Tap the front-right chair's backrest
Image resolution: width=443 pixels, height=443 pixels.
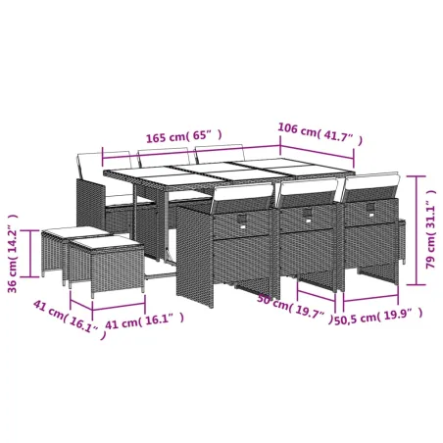[x=369, y=189]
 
